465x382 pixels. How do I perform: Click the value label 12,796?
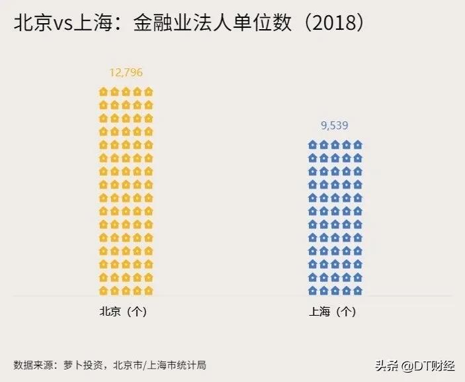tap(126, 72)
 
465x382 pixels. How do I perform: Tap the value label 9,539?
tap(335, 125)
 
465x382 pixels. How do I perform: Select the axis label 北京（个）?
tap(123, 312)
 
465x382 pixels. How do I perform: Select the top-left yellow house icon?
tap(103, 91)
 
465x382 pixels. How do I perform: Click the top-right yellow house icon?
tap(148, 91)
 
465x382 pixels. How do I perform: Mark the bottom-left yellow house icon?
tap(103, 290)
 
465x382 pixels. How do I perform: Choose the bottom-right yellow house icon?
tap(148, 290)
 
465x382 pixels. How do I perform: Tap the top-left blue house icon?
tap(312, 144)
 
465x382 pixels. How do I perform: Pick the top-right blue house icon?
tap(357, 144)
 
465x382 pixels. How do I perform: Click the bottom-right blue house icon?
tap(357, 290)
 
